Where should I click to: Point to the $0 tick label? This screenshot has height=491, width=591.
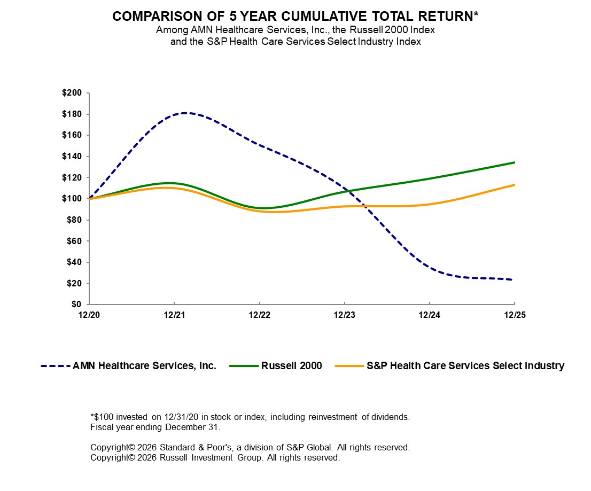76,305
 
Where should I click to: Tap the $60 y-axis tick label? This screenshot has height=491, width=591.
74,241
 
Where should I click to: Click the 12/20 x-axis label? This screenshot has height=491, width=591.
89,315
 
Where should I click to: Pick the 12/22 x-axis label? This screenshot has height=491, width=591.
259,315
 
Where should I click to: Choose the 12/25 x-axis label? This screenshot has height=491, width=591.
515,315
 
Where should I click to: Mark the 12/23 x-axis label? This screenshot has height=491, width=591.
345,315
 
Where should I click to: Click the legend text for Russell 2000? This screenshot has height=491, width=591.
292,366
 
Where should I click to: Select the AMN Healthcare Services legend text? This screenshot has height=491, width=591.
144,366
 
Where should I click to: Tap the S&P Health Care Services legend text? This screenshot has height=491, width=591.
465,366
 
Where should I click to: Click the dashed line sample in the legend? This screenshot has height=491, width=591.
55,366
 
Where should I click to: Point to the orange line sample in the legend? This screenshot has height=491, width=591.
349,366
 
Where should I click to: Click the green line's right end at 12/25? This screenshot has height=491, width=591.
515,162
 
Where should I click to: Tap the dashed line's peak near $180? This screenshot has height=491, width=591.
184,113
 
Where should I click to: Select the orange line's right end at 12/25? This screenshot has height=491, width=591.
515,185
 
